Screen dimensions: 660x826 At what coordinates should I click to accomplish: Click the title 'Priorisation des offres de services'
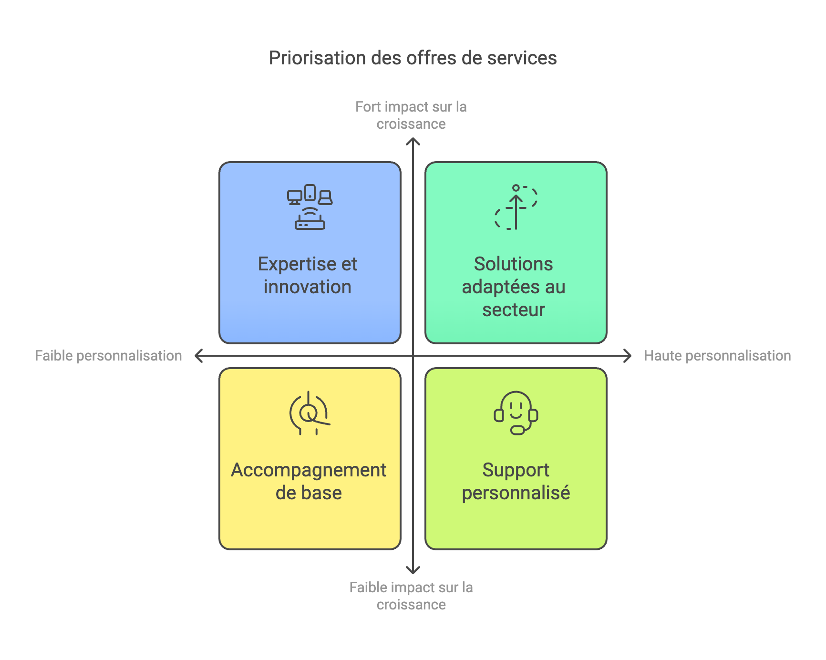[x=413, y=58]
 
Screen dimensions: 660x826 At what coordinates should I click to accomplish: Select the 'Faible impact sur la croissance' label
[x=411, y=596]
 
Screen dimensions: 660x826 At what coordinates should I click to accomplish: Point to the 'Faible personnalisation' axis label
[x=108, y=356]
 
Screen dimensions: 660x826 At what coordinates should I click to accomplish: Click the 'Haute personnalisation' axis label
[x=717, y=356]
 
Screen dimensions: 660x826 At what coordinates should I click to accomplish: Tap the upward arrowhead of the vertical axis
[x=413, y=141]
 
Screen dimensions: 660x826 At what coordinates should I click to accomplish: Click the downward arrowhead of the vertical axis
[x=413, y=570]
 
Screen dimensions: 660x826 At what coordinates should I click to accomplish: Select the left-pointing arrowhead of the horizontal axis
[x=198, y=356]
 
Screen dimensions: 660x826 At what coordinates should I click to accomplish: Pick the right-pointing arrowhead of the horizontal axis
[x=628, y=356]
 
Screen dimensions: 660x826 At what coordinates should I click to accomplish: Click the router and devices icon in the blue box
[x=310, y=207]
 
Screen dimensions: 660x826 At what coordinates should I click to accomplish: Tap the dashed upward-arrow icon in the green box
[x=516, y=207]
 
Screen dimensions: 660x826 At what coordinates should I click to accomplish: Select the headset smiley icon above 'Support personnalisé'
[x=516, y=413]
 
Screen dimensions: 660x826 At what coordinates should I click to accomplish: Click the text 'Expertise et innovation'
[x=308, y=276]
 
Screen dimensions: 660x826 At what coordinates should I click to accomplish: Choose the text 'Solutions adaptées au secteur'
[x=514, y=287]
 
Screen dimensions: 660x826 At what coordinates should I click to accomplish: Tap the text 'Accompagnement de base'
[x=309, y=481]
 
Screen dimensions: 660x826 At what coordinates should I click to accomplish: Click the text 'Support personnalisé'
[x=516, y=481]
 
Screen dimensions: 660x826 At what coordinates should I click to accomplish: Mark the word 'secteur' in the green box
[x=514, y=310]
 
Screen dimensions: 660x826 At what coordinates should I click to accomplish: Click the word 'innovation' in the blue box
[x=308, y=287]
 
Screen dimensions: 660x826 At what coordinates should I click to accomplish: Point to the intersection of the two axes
[x=413, y=356]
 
